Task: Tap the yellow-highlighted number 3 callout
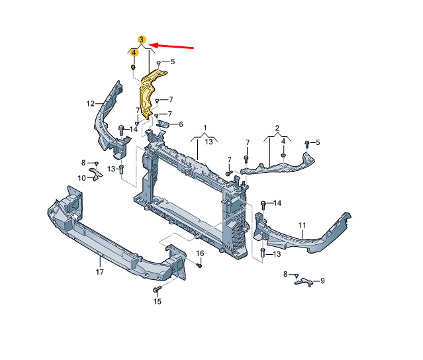(x=142, y=40)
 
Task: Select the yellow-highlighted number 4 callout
(x=134, y=52)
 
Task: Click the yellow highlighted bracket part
(x=152, y=93)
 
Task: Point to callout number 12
(x=91, y=103)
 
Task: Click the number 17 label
(x=100, y=272)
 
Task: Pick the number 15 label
(x=158, y=302)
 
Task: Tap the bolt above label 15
(x=157, y=289)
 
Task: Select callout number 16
(x=200, y=253)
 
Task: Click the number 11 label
(x=302, y=225)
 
